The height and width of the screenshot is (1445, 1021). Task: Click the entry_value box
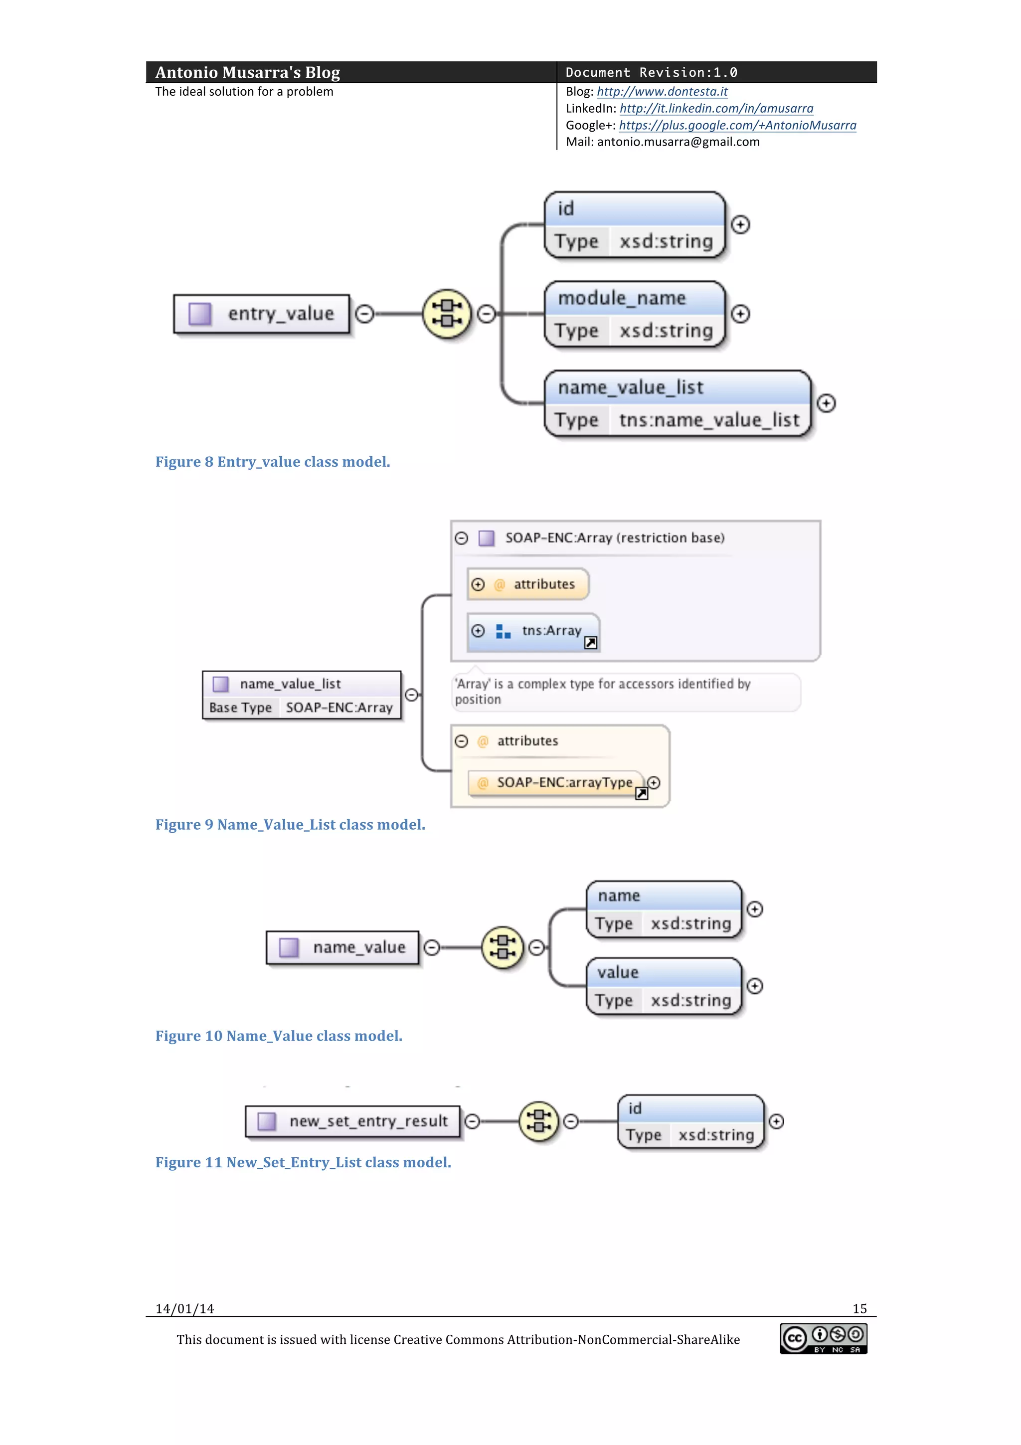click(x=262, y=314)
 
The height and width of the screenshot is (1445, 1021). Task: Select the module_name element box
click(x=634, y=314)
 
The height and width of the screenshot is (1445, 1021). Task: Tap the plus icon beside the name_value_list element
click(x=826, y=403)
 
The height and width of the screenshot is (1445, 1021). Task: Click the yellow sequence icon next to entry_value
click(x=447, y=314)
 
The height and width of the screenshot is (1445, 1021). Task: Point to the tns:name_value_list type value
click(x=709, y=420)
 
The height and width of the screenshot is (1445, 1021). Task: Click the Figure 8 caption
click(x=272, y=462)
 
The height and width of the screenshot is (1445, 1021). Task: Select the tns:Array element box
click(x=533, y=631)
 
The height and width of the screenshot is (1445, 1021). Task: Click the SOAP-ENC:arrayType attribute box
click(x=557, y=782)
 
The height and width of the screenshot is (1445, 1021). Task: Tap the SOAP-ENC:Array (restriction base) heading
click(x=615, y=538)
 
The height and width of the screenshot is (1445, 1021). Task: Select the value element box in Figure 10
click(x=664, y=986)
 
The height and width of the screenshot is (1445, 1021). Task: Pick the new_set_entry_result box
click(x=353, y=1121)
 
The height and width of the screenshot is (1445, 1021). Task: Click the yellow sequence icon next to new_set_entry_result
click(x=538, y=1121)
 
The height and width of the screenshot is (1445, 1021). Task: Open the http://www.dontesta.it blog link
click(x=662, y=92)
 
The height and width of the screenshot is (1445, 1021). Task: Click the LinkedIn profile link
click(x=716, y=108)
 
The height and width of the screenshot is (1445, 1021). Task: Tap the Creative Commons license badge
click(x=824, y=1338)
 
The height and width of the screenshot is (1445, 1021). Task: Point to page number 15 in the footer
click(x=859, y=1308)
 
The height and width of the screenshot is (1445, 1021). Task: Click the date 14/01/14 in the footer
click(x=185, y=1308)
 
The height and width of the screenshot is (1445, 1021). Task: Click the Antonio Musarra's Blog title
click(x=247, y=72)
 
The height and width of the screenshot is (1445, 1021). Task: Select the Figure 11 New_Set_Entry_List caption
click(x=303, y=1162)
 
